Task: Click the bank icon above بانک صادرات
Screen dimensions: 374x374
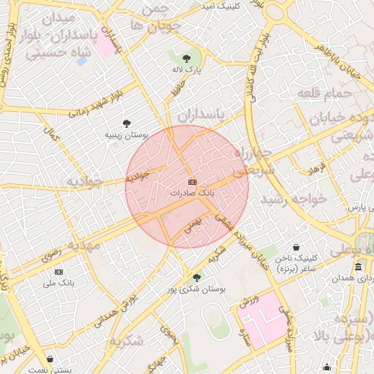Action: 192,182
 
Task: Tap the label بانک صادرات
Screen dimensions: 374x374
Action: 193,194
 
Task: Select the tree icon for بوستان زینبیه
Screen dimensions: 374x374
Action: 128,123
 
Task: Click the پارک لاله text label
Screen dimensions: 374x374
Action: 188,68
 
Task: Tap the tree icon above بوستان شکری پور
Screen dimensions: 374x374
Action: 196,278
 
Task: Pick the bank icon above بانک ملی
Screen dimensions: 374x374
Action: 59,271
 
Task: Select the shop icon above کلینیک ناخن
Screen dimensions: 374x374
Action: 296,248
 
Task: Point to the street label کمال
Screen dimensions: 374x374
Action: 51,135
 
